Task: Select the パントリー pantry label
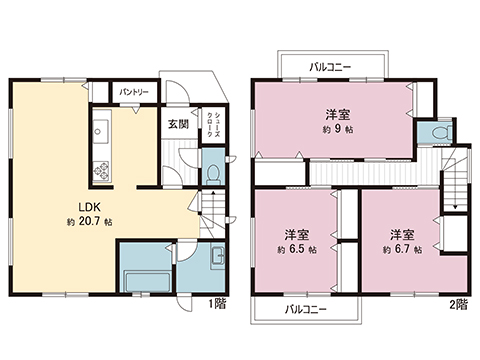(x=134, y=93)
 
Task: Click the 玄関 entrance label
(x=177, y=124)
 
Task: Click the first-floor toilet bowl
(x=213, y=173)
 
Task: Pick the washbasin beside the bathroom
(x=217, y=257)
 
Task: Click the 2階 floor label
(x=458, y=302)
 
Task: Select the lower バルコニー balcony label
(x=305, y=309)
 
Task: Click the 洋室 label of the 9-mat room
(x=336, y=114)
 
